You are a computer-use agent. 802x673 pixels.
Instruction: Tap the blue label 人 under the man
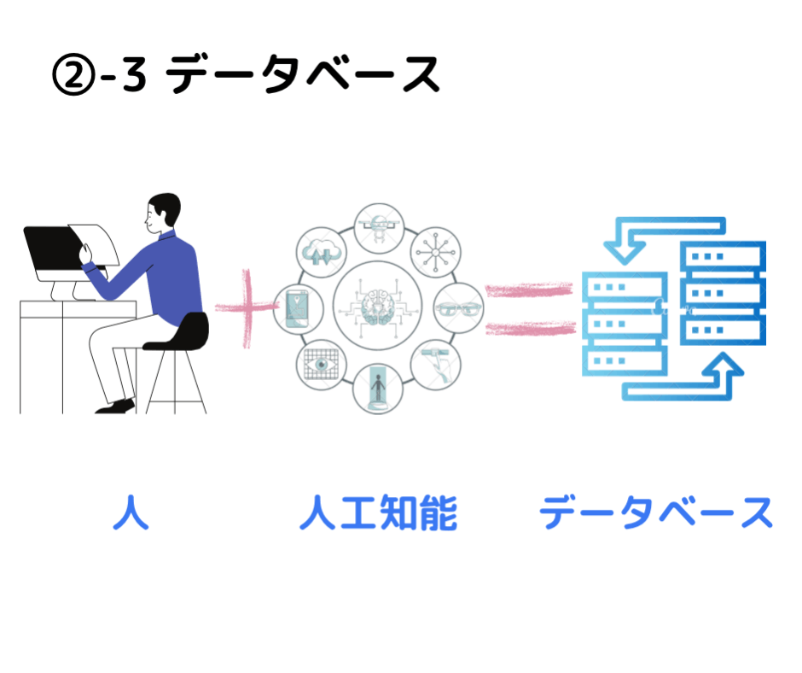click(131, 513)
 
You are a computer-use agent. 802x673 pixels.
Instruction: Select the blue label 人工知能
click(378, 513)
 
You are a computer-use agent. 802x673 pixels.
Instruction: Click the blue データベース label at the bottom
click(655, 513)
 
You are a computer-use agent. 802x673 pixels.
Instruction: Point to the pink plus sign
click(247, 307)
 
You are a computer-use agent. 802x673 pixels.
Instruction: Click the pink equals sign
click(529, 308)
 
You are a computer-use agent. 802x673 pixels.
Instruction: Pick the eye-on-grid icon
click(321, 364)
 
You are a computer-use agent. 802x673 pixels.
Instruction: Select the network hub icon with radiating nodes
click(434, 250)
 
